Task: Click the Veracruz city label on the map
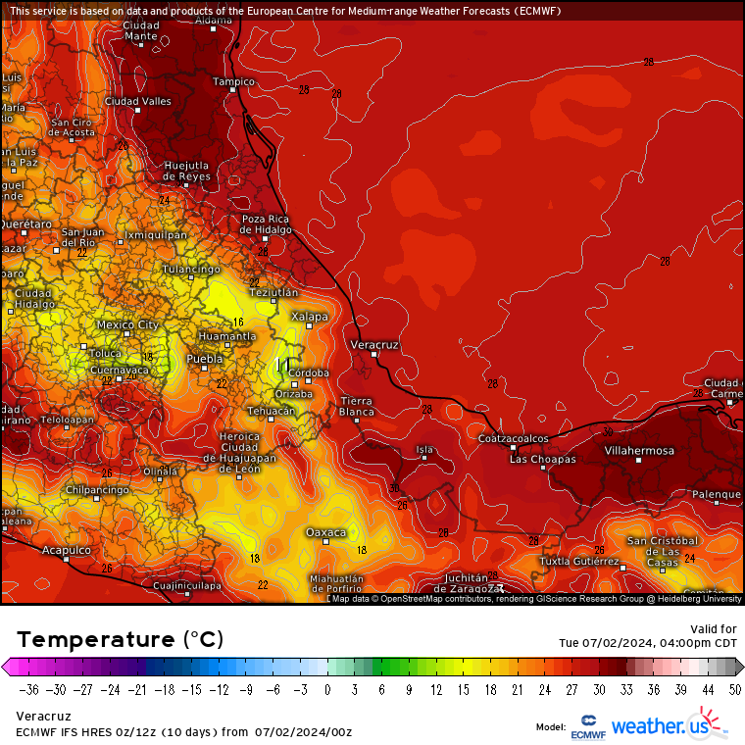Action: [x=373, y=345]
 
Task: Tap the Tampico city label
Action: [x=233, y=80]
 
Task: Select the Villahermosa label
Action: [x=639, y=450]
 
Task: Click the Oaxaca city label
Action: [x=325, y=532]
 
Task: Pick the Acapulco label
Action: [x=66, y=550]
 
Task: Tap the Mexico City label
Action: [x=127, y=324]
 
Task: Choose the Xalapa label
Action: [x=309, y=317]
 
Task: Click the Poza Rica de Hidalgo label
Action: [x=266, y=223]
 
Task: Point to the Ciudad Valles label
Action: [x=137, y=101]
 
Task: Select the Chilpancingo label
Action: [x=97, y=489]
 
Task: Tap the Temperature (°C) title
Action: [x=120, y=639]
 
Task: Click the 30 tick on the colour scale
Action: [x=597, y=688]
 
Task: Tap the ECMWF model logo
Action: [x=587, y=726]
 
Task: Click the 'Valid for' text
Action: [x=714, y=628]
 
